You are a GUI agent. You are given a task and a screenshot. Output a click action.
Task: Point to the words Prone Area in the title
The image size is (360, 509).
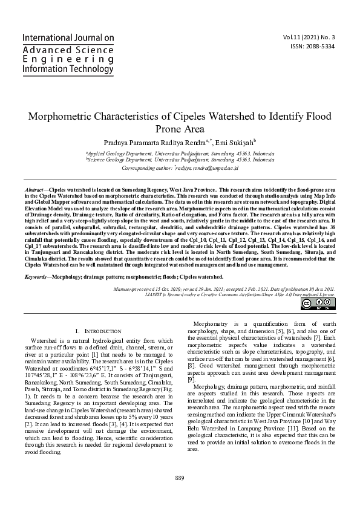click(x=180, y=129)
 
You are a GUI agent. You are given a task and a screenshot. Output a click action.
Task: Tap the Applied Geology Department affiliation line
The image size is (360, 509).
click(x=180, y=154)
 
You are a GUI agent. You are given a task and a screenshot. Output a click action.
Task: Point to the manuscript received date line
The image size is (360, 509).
click(x=224, y=290)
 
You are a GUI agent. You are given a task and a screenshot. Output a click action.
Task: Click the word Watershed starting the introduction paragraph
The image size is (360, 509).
click(x=44, y=342)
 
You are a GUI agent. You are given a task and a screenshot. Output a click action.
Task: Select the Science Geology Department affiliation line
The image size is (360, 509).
click(x=180, y=160)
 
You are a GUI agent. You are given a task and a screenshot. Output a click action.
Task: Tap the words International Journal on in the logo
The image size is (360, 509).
click(x=68, y=37)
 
